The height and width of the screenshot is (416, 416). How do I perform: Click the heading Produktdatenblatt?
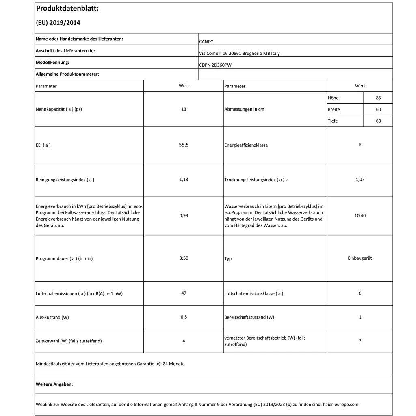pyautogui.click(x=67, y=9)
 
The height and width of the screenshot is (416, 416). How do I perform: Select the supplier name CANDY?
pyautogui.click(x=206, y=41)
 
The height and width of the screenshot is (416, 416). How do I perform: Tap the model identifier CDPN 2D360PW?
pyautogui.click(x=215, y=65)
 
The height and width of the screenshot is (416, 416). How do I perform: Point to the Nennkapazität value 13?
pyautogui.click(x=184, y=109)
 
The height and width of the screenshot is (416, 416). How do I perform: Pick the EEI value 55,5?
pyautogui.click(x=184, y=145)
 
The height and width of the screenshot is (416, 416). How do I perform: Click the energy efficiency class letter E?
pyautogui.click(x=360, y=145)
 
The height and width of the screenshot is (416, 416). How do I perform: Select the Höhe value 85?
pyautogui.click(x=378, y=98)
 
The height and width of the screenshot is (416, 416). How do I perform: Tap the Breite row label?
pyautogui.click(x=334, y=110)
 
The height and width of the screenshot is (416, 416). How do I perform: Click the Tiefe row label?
pyautogui.click(x=333, y=121)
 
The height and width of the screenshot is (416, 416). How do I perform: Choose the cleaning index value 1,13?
pyautogui.click(x=184, y=179)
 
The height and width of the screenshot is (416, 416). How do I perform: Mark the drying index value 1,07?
pyautogui.click(x=360, y=179)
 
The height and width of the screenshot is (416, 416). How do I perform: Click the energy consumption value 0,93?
pyautogui.click(x=184, y=215)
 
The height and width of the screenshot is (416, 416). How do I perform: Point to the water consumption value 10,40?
pyautogui.click(x=360, y=215)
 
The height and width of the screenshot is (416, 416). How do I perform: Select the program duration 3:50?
pyautogui.click(x=184, y=258)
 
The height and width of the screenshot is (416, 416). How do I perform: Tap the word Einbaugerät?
pyautogui.click(x=360, y=258)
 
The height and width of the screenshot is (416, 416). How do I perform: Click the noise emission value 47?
pyautogui.click(x=184, y=293)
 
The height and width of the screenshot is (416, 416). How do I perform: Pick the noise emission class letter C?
pyautogui.click(x=360, y=293)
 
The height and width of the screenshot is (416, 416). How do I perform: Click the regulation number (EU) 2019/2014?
pyautogui.click(x=58, y=23)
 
